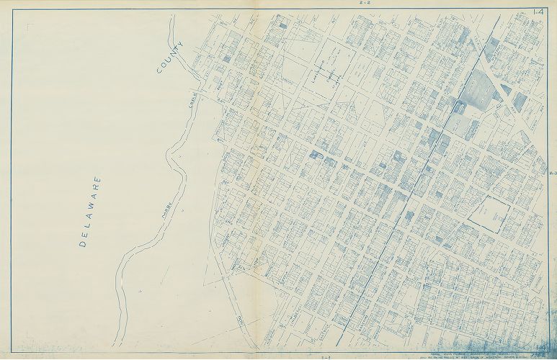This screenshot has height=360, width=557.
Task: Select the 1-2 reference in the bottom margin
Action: click(326, 356)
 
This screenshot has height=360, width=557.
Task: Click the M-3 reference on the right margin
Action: click(553, 174)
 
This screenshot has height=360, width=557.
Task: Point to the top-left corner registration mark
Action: click(30, 27)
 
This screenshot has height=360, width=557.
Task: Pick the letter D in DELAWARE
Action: click(82, 244)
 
